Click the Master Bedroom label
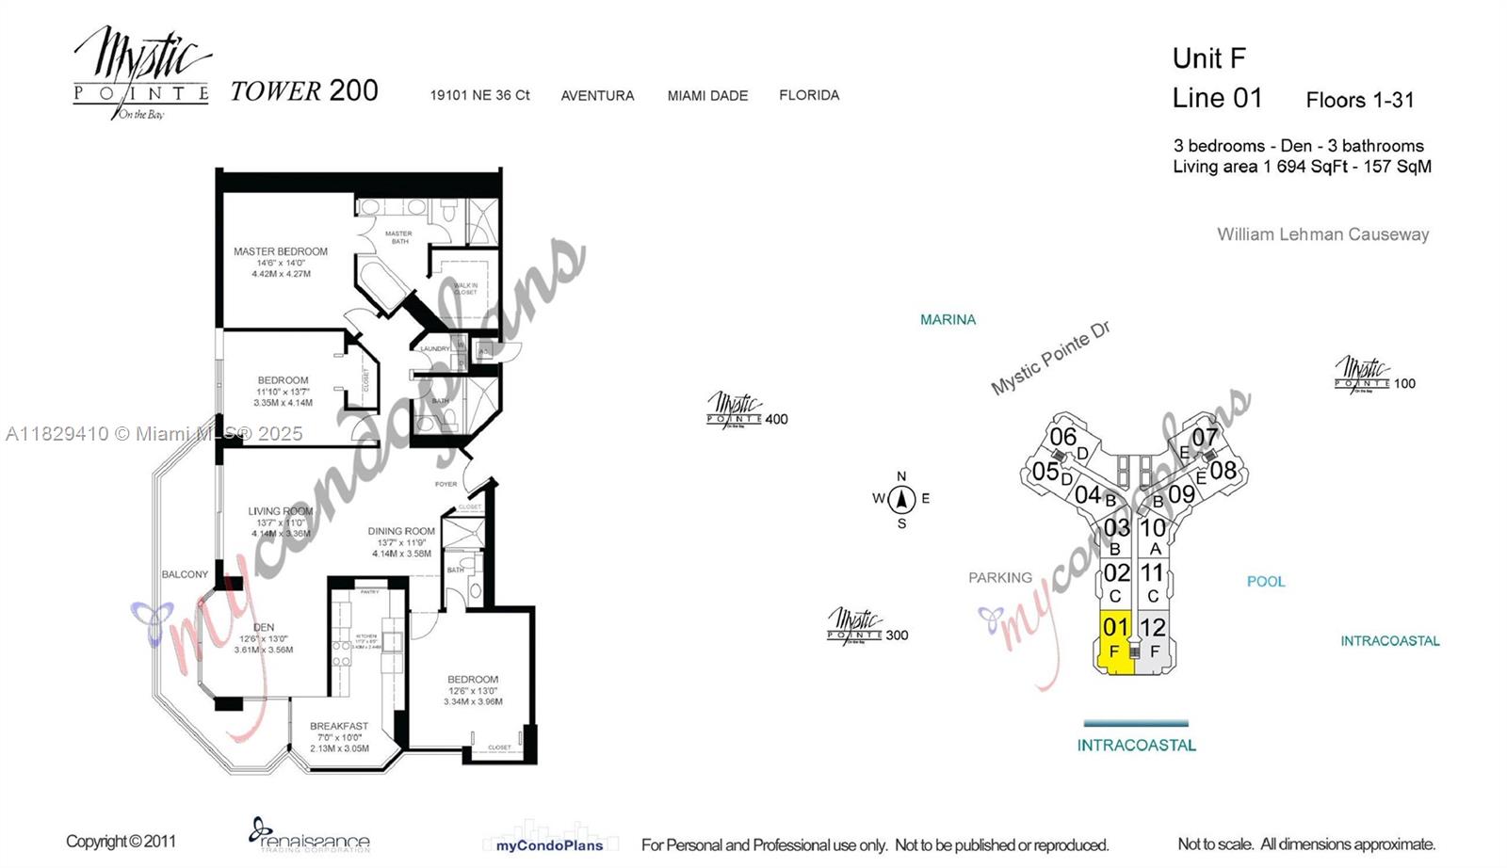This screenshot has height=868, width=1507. (281, 252)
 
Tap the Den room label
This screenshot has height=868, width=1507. (264, 627)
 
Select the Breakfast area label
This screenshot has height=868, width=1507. (339, 726)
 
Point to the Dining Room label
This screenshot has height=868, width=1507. (401, 531)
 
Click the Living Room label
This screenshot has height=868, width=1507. (280, 511)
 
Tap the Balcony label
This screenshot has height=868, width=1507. (185, 574)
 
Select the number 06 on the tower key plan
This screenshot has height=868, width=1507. (1062, 437)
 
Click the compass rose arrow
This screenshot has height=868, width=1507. (901, 499)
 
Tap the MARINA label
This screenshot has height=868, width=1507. (948, 320)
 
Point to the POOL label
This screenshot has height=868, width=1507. (1265, 582)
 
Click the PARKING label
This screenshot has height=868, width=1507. (999, 578)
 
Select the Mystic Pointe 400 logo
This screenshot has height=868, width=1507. (746, 411)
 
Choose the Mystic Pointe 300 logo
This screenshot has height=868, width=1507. (867, 626)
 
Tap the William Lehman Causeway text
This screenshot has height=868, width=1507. (1322, 234)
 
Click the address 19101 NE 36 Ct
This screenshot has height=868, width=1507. (479, 95)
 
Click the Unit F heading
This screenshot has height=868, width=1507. (1208, 58)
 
